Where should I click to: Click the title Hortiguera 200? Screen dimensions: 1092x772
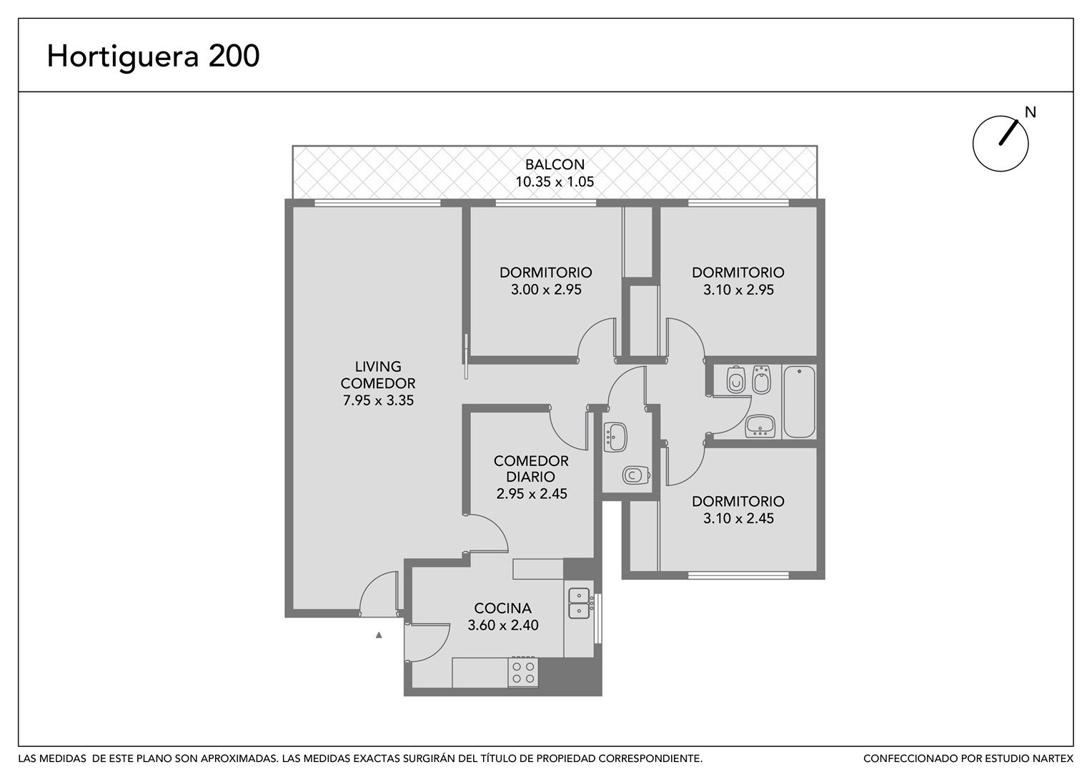tap(153, 56)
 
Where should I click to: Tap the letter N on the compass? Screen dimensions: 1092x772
tap(1030, 112)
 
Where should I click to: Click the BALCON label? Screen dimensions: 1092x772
tap(555, 164)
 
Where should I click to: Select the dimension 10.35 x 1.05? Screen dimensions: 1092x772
tap(555, 182)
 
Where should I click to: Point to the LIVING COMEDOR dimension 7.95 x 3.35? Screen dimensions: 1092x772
tap(378, 400)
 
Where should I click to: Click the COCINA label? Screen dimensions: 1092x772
tap(502, 608)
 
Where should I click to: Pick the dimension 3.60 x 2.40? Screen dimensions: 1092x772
tap(503, 625)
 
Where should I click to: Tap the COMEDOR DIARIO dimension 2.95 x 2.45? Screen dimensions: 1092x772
tap(532, 493)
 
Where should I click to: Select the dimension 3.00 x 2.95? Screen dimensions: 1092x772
tap(546, 289)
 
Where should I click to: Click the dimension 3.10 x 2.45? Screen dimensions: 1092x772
tap(738, 518)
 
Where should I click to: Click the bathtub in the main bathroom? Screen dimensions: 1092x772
tap(800, 402)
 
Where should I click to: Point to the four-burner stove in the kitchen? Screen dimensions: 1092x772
tap(523, 672)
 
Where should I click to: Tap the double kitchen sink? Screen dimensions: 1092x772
tap(579, 603)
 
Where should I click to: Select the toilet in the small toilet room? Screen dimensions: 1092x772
tap(636, 475)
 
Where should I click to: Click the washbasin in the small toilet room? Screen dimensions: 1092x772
tap(615, 437)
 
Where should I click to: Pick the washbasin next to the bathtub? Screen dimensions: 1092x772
tap(760, 426)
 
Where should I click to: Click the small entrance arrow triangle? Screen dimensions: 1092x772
tap(379, 635)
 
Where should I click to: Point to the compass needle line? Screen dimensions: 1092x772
tap(1008, 133)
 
